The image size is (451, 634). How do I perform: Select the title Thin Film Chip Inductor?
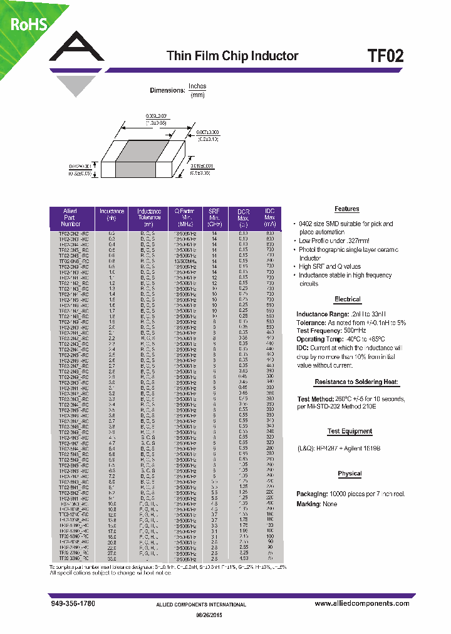(232, 56)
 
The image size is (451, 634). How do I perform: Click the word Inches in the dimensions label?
(197, 86)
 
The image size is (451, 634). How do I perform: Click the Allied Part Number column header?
(71, 217)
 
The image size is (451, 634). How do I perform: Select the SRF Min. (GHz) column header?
(214, 217)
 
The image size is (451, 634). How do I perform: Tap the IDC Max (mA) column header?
(270, 217)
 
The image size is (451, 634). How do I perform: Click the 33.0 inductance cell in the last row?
(112, 558)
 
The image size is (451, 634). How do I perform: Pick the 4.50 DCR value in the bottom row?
(243, 558)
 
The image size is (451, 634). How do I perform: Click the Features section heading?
(346, 209)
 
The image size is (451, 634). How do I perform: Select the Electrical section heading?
(347, 299)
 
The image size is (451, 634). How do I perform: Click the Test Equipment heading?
(349, 431)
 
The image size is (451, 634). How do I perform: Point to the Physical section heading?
(350, 474)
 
